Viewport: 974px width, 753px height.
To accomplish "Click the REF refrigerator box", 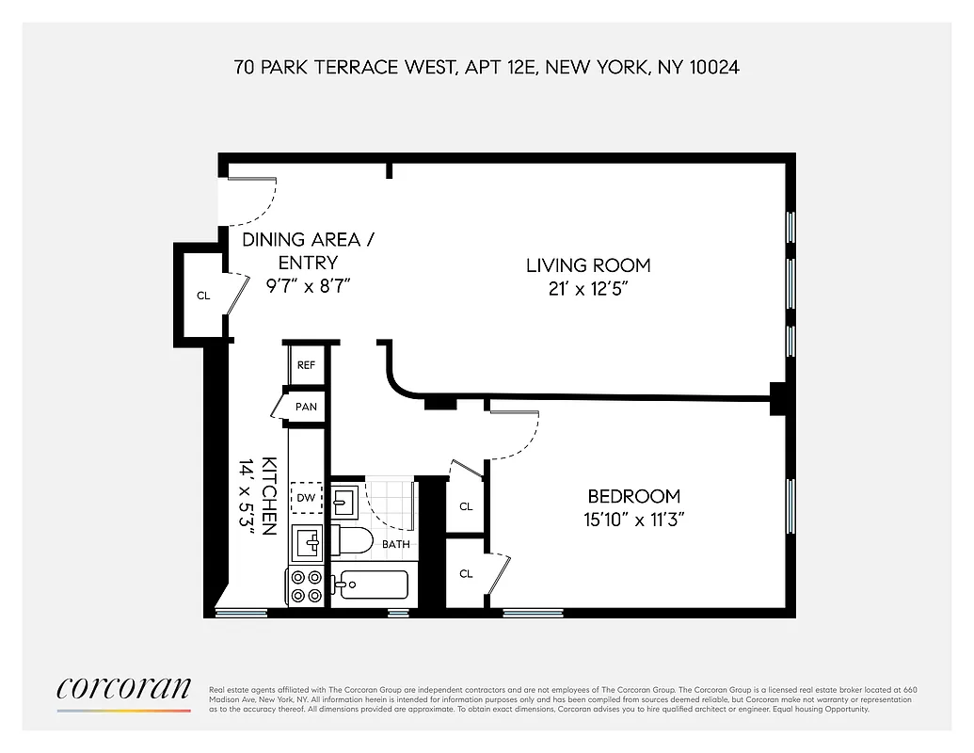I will point(306,365).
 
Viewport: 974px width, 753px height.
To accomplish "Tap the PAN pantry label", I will point(306,408).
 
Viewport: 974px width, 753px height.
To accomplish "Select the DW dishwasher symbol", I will point(306,498).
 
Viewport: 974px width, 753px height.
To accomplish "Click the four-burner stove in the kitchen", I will point(306,586).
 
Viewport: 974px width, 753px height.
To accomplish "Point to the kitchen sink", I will point(307,543).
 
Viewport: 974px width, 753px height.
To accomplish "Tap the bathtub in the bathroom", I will point(373,585).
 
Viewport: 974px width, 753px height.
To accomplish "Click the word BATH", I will point(395,544).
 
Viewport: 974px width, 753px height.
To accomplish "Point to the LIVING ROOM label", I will point(588,265).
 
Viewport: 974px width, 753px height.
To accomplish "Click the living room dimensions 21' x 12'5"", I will point(588,289).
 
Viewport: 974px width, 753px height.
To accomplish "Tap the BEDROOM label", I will point(633,496).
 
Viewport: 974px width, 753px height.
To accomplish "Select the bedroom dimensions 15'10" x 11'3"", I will point(633,519).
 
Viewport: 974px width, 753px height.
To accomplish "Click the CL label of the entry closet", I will point(203,296).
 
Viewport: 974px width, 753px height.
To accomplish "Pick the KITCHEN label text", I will point(268,496).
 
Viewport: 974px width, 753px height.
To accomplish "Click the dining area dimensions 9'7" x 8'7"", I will point(308,285).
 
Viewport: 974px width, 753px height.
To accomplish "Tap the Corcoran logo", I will point(123,689).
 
